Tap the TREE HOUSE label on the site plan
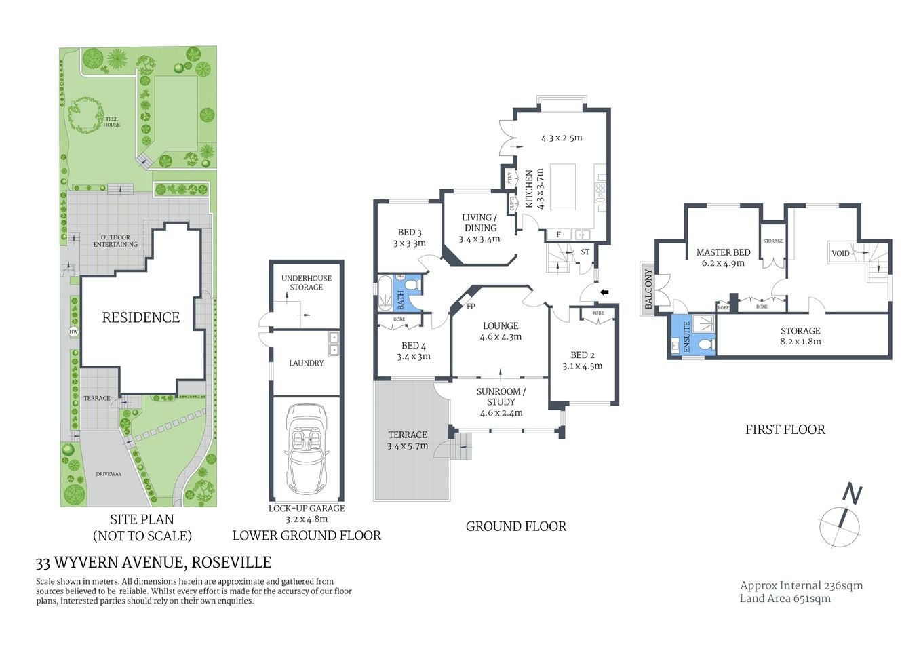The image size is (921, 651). [112, 122]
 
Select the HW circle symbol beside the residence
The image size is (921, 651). [73, 332]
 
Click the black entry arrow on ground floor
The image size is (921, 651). [605, 292]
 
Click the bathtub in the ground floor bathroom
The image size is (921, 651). [385, 294]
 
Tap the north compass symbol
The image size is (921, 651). [841, 519]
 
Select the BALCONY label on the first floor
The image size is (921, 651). [648, 289]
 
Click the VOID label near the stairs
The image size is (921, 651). [840, 253]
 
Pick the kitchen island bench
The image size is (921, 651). [562, 187]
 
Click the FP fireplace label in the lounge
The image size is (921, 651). [471, 307]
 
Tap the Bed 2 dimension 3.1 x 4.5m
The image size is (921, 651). [583, 366]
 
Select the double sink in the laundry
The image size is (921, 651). [332, 344]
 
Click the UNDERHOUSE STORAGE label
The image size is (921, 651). [307, 283]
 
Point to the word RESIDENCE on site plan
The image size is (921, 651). [141, 317]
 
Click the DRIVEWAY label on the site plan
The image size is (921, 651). [109, 474]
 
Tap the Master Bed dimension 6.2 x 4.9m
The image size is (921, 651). [723, 263]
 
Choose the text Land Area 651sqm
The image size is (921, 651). [785, 598]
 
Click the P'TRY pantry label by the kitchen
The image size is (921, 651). [509, 178]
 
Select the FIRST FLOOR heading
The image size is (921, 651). [785, 429]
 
